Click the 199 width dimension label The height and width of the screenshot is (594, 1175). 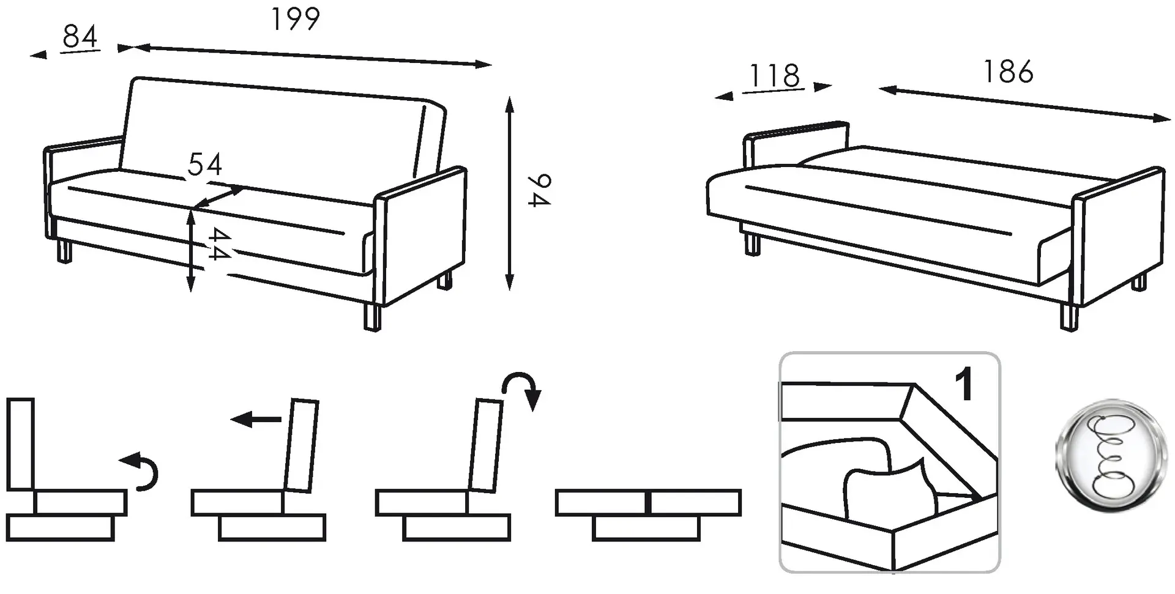pos(295,19)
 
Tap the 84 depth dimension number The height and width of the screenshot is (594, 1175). pos(80,36)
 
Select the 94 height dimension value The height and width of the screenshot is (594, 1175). pos(539,190)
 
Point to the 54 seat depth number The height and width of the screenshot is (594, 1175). pos(205,164)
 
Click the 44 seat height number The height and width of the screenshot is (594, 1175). pos(218,243)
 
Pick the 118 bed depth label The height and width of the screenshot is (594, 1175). pos(774,76)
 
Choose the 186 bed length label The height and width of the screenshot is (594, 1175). pos(1008,72)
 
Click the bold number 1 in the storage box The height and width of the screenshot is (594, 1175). pos(964,384)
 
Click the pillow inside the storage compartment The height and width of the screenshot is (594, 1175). pos(890,487)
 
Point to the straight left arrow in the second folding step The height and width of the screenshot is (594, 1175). pos(255,420)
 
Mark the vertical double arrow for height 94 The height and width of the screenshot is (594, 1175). pos(509,193)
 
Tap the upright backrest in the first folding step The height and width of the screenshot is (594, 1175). pos(20,444)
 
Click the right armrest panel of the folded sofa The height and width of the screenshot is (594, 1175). pos(422,236)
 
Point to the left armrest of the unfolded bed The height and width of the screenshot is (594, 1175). pos(796,144)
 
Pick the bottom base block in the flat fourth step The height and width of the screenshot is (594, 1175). pos(646,528)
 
